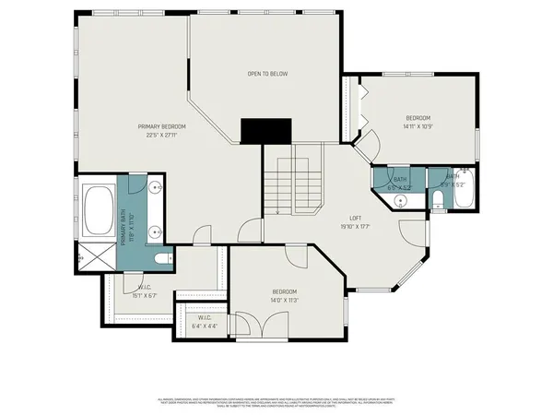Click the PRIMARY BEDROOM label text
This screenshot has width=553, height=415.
[161, 126]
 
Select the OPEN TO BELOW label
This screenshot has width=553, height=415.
[263, 74]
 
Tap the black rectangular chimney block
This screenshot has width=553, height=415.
[265, 131]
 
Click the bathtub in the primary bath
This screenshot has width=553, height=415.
[99, 210]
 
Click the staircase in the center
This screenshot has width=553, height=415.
[293, 184]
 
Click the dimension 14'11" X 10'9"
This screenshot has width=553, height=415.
[418, 126]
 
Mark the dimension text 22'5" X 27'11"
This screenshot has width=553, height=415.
[161, 136]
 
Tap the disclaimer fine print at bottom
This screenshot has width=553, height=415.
[276, 402]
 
